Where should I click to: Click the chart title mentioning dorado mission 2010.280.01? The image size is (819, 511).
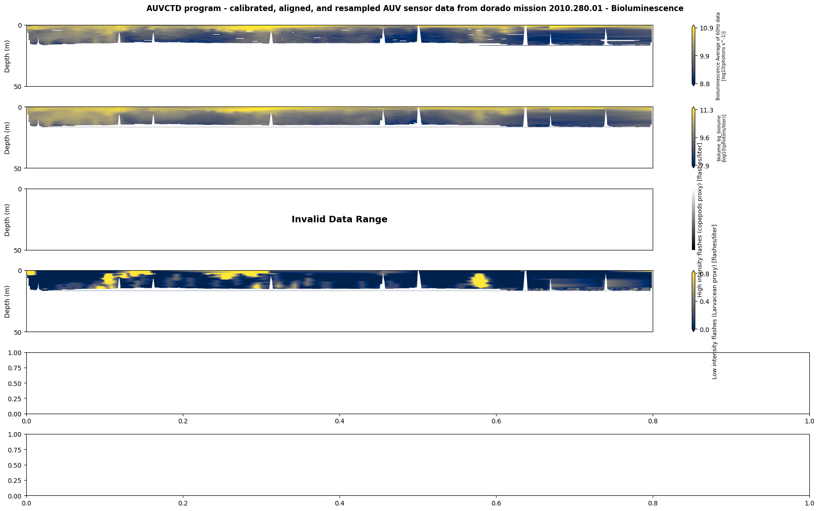[x=415, y=8]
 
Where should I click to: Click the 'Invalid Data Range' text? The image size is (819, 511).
[x=339, y=220]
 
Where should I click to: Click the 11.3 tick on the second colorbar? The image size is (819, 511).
[x=706, y=110]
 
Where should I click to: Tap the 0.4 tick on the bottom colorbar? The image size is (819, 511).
[x=704, y=302]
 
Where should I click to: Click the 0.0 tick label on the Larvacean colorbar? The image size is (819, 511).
[x=704, y=330]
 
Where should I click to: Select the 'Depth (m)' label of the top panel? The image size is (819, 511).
[x=7, y=56]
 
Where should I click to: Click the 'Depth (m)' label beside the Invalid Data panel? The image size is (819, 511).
[x=7, y=220]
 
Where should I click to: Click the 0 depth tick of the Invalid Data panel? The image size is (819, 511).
[x=20, y=189]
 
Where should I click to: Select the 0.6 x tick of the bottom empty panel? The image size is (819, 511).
[x=496, y=503]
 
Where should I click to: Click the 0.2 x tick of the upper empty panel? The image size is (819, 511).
[x=183, y=421]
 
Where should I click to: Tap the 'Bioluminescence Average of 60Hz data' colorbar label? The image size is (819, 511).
[x=718, y=56]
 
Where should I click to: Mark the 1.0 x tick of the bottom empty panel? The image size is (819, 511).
[x=809, y=503]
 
